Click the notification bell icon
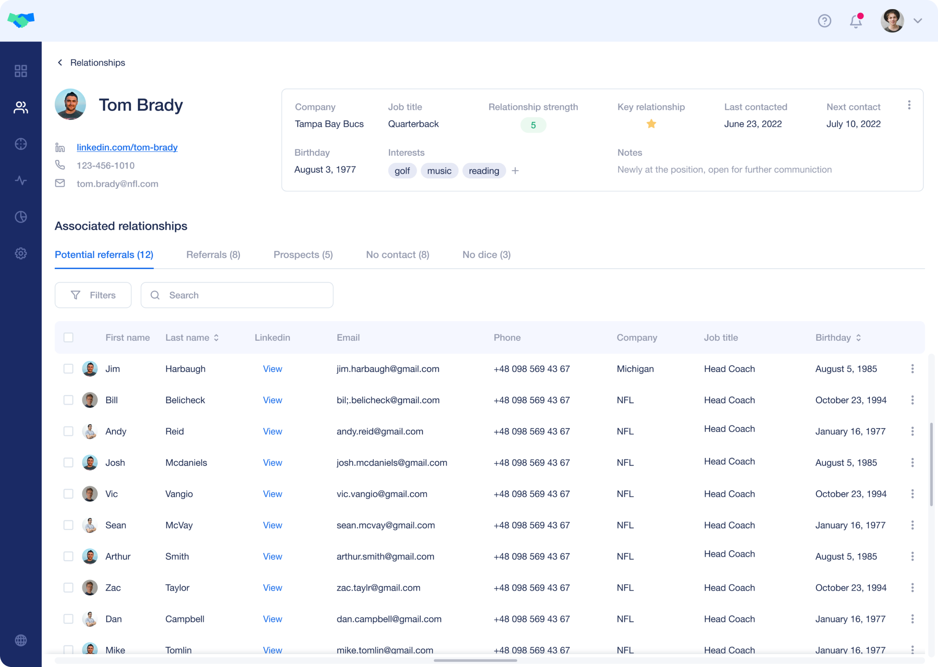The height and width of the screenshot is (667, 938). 856,21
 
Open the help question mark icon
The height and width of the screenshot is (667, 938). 825,21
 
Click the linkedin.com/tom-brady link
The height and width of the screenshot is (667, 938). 127,148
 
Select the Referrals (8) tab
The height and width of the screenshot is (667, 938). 213,255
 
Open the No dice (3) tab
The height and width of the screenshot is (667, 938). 486,255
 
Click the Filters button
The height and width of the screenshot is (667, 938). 93,295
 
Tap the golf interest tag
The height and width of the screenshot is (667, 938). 402,171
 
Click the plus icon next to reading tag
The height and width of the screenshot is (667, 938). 515,171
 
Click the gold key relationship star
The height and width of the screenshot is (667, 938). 651,124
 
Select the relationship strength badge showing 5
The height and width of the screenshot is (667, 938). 533,125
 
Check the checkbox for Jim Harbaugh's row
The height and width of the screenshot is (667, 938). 68,369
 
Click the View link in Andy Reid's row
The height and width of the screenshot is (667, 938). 272,432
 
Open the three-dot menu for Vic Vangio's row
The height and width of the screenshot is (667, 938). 912,494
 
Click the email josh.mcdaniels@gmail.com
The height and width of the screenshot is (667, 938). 392,463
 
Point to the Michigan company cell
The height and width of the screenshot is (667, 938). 635,369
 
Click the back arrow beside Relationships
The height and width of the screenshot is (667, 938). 60,62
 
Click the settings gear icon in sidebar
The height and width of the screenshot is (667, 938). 21,253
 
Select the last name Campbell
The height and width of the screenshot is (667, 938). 185,619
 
